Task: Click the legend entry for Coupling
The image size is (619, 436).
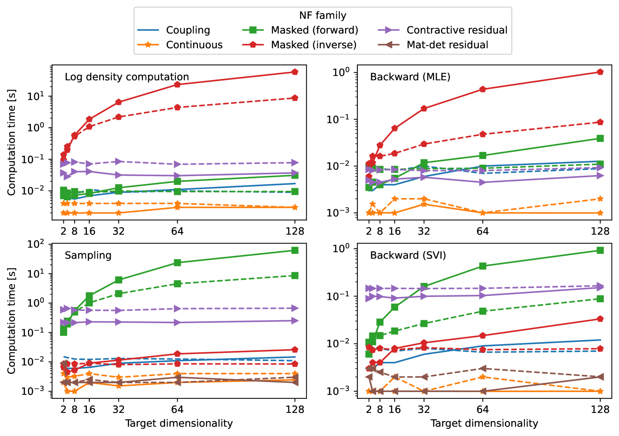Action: pos(188,30)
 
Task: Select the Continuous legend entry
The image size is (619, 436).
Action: pos(194,45)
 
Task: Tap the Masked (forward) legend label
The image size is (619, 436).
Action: pos(315,30)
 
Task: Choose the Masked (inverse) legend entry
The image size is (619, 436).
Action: pos(313,45)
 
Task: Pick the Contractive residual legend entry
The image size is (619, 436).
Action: pos(457,30)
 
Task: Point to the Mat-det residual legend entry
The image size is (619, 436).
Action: pos(447,45)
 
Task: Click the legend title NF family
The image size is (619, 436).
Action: pos(323,16)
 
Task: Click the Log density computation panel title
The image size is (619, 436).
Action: pos(127,77)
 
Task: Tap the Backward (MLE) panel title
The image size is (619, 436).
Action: pos(410,77)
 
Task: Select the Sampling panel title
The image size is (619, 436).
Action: pos(88,255)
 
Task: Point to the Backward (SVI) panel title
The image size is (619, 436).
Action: pos(408,255)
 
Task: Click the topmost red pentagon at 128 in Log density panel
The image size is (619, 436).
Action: pos(295,72)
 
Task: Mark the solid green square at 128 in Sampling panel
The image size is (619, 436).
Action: pos(295,250)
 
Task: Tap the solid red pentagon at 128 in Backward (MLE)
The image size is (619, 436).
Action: pos(600,72)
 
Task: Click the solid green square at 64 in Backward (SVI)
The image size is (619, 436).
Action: pos(483,266)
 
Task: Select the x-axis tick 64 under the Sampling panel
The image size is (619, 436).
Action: pos(177,410)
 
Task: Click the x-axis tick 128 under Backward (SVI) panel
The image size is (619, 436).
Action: pos(600,410)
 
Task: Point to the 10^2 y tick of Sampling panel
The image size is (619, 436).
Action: pos(36,245)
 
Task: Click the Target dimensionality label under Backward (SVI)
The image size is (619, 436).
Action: pos(484,423)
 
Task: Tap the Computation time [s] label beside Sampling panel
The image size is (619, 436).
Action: pos(12,321)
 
